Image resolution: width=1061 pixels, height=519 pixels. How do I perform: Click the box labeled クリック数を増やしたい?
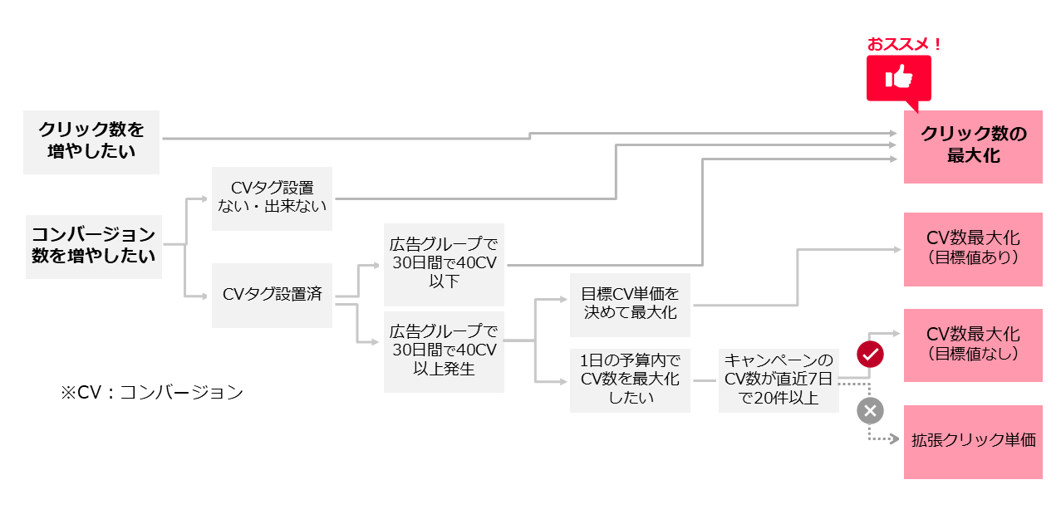coord(91,140)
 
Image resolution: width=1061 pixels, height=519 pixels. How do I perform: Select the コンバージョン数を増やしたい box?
coord(93,244)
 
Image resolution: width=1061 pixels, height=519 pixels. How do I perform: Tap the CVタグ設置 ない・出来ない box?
coord(272,198)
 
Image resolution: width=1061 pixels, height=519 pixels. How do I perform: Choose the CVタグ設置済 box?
coord(272,295)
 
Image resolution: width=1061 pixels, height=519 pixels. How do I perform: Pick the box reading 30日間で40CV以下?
coord(444,264)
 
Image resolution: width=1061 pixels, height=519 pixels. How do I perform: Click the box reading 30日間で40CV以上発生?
coord(444,352)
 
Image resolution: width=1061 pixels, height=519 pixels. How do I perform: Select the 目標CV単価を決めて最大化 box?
coord(630,303)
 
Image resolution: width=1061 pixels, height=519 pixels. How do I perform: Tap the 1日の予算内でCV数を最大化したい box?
coord(630,380)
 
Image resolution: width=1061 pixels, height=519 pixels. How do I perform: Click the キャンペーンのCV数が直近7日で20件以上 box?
coord(779,380)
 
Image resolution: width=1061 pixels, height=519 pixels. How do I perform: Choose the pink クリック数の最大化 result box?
coord(973,146)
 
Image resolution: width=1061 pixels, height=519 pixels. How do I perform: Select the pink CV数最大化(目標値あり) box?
coord(973,249)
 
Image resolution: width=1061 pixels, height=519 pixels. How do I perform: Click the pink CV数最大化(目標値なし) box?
coord(973,345)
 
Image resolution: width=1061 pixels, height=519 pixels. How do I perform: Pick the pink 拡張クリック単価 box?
coord(973,442)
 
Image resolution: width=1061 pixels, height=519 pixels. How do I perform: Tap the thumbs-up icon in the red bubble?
coord(899,78)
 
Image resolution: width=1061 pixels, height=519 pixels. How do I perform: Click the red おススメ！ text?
coord(905,44)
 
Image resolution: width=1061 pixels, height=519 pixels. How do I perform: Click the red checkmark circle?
coord(870,355)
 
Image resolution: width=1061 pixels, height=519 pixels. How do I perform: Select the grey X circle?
coord(870,410)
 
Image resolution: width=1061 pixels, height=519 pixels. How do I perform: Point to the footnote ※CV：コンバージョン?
coord(151,393)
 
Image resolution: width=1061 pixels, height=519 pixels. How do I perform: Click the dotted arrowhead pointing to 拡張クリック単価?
coord(894,438)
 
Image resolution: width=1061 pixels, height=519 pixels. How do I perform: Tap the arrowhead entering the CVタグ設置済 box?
coord(204,296)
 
